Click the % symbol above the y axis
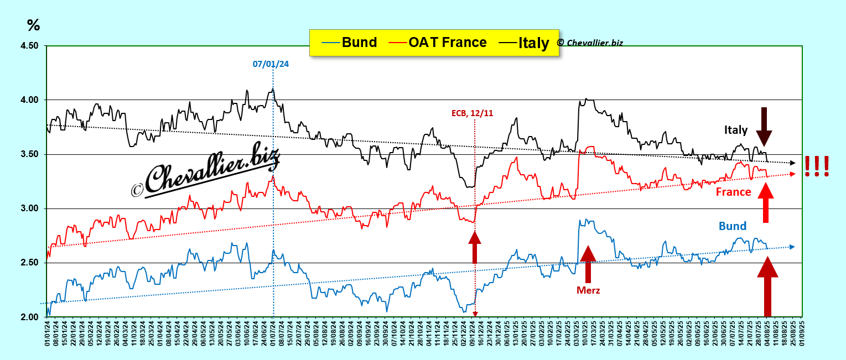(33, 25)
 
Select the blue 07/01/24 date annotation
(271, 64)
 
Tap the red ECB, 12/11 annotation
(472, 113)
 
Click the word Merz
(588, 290)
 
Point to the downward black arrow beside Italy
(764, 126)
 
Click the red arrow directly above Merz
(588, 264)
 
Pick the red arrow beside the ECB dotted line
(475, 247)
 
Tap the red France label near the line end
(733, 192)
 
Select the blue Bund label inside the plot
(733, 226)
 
